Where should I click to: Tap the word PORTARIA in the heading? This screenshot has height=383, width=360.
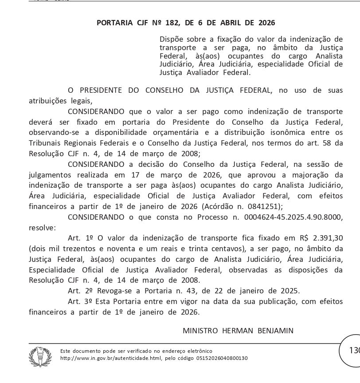114,23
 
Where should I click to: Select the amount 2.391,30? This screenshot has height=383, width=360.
326,237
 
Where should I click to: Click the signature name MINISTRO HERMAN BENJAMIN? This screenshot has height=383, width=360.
238,330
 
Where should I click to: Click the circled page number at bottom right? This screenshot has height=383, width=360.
354,351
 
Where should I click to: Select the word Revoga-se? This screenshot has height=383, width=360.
111,291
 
